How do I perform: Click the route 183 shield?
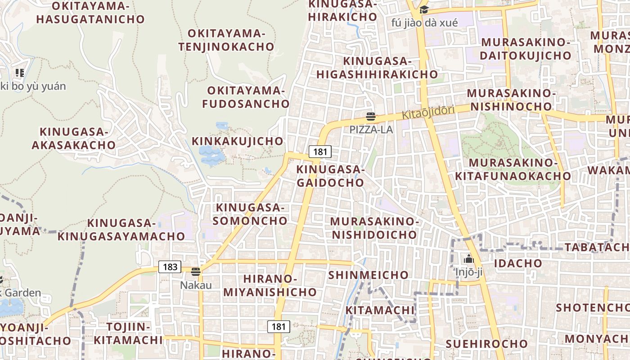pos(170,267)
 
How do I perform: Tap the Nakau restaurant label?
pos(196,285)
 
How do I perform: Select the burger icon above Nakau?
pos(195,272)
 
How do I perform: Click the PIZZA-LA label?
pos(371,130)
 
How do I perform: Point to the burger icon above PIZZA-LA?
pos(371,117)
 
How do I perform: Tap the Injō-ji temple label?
pos(468,272)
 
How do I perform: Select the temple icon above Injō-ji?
pos(468,259)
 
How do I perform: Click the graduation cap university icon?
pos(424,9)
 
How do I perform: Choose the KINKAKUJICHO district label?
pos(238,141)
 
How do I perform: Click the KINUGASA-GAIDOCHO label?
pos(330,176)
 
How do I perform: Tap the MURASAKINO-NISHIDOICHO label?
pos(374,228)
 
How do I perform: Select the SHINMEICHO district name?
pos(368,275)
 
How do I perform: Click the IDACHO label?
pos(518,263)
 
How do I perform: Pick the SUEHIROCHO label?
pos(486,344)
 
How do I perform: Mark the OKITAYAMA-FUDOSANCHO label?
pos(246,97)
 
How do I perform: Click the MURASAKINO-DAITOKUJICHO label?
pos(526,49)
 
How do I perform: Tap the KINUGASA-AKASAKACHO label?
pos(74,139)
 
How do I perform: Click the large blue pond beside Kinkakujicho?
pos(211,155)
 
